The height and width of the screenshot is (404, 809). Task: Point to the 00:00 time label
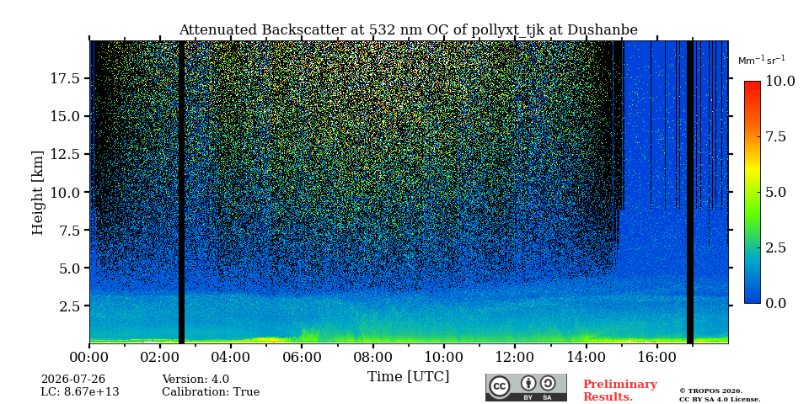pos(89,357)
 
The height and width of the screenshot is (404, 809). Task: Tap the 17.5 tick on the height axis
pos(66,79)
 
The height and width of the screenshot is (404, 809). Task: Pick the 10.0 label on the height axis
pos(66,192)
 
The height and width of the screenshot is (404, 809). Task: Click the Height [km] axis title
pos(38,193)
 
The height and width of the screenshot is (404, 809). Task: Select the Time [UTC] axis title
pos(408,377)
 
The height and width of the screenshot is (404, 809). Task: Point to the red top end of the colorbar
pos(753,83)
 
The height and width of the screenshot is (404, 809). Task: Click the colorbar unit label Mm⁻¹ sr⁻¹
pos(762,61)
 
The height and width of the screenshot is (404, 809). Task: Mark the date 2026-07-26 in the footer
pos(73,380)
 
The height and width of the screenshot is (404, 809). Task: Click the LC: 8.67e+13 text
pos(80,392)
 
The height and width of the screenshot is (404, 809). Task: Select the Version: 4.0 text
pos(196,380)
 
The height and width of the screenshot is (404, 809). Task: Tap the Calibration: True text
pos(211,392)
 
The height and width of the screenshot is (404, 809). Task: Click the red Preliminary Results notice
pos(619,391)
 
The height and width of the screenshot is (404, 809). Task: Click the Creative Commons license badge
pos(526,387)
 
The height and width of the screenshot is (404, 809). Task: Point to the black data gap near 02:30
pos(182,192)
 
